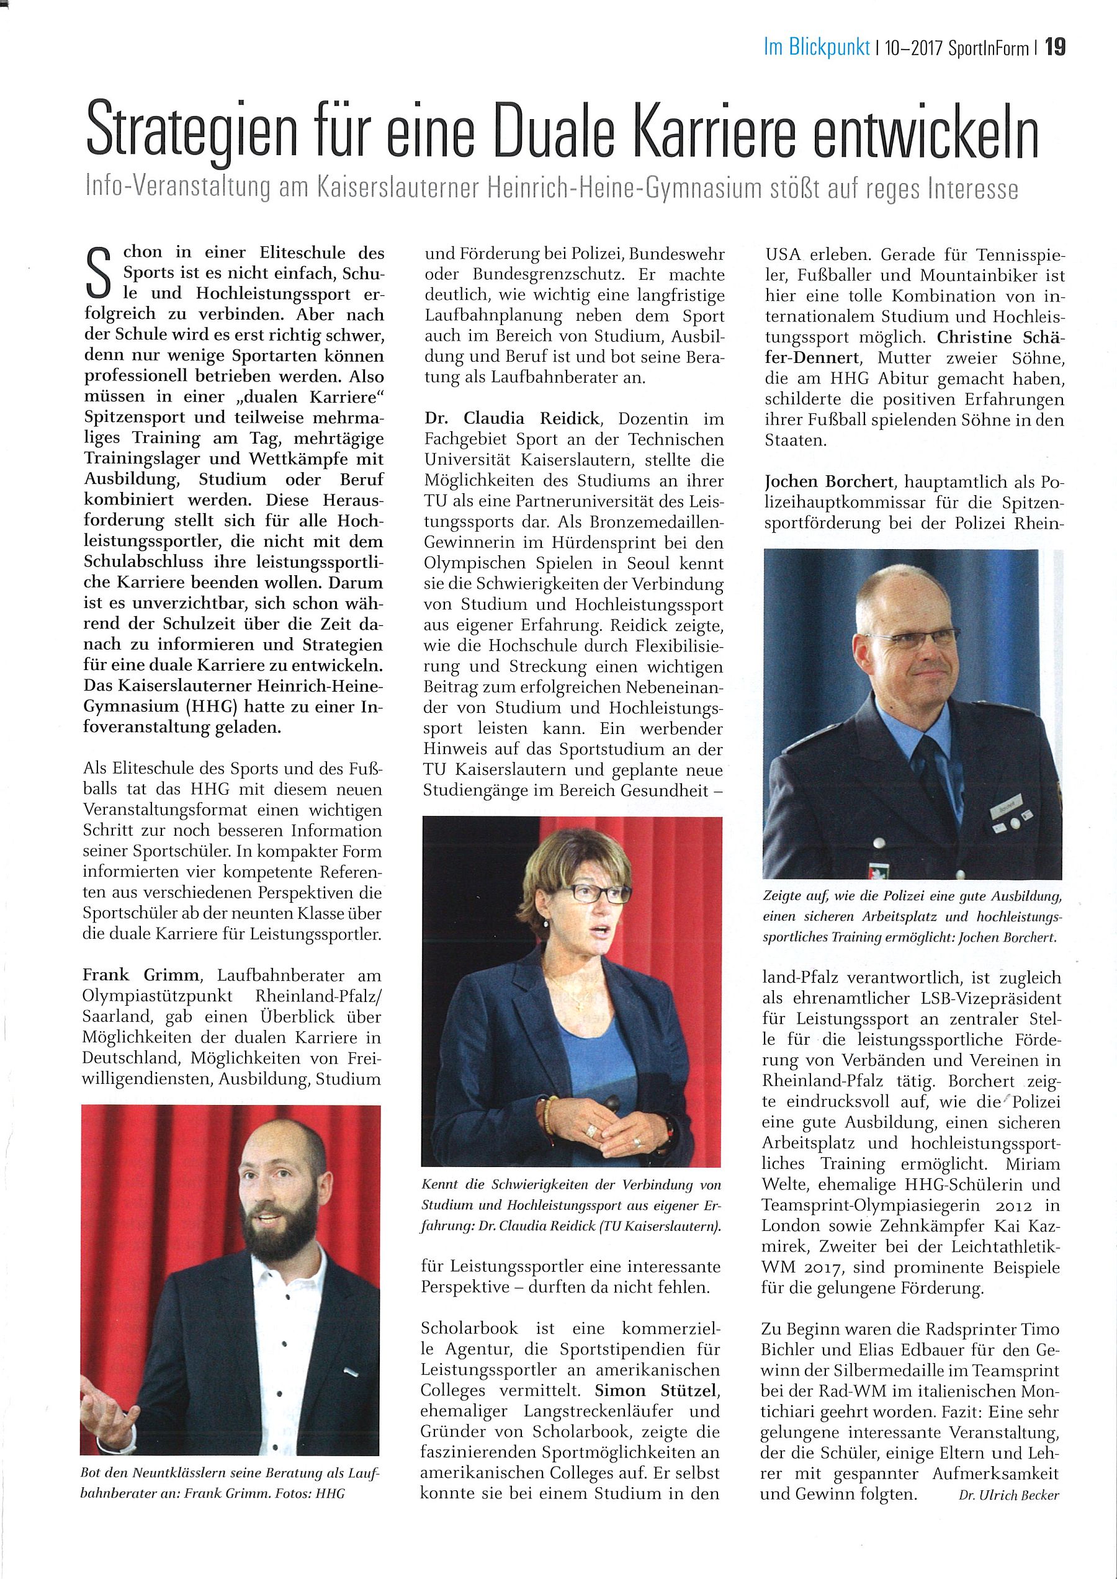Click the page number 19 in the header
click(x=1055, y=47)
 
